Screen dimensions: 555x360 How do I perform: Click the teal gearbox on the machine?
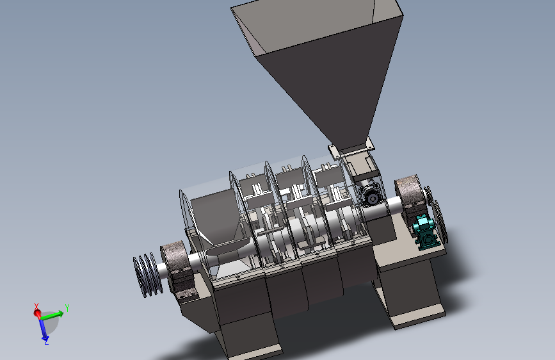(x=426, y=233)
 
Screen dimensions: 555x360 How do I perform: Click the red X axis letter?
(x=36, y=306)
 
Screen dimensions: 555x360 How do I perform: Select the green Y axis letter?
(x=67, y=308)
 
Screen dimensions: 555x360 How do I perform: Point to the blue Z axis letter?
(x=46, y=341)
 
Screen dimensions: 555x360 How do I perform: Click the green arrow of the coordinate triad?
(x=52, y=315)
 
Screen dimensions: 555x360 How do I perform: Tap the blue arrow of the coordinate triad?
(x=43, y=329)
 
